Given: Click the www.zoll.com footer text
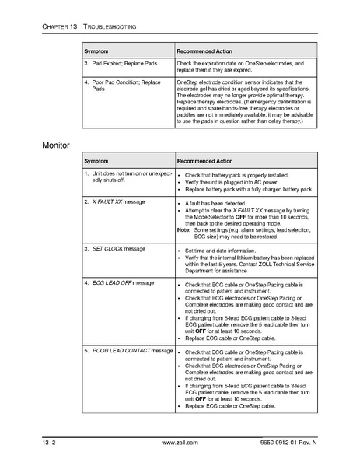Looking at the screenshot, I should pyautogui.click(x=180, y=442).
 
